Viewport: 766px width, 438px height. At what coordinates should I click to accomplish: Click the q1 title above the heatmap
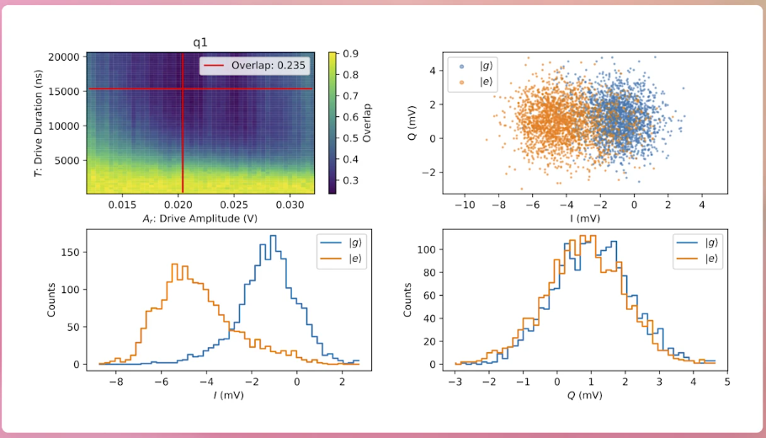(201, 43)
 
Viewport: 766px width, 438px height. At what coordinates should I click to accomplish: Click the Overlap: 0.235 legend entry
(254, 67)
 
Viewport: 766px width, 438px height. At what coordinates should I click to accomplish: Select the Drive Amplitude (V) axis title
(201, 219)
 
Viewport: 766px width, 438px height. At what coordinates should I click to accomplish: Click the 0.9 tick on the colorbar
(348, 54)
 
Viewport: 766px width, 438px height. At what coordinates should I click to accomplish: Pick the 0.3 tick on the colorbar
(348, 180)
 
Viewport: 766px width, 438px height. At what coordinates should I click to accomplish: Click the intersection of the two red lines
(182, 89)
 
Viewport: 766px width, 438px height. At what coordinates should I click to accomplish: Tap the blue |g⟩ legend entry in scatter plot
(473, 66)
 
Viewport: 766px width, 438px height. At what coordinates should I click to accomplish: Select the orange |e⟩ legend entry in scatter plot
(473, 83)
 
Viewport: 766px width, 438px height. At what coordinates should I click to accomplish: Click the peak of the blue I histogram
(273, 236)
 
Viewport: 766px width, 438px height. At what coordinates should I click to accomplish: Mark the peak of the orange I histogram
(175, 264)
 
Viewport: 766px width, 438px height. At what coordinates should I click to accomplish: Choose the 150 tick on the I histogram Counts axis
(72, 252)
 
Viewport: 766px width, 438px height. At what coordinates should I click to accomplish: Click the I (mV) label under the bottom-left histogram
(229, 394)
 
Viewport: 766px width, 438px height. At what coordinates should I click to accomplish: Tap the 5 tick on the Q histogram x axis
(727, 380)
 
